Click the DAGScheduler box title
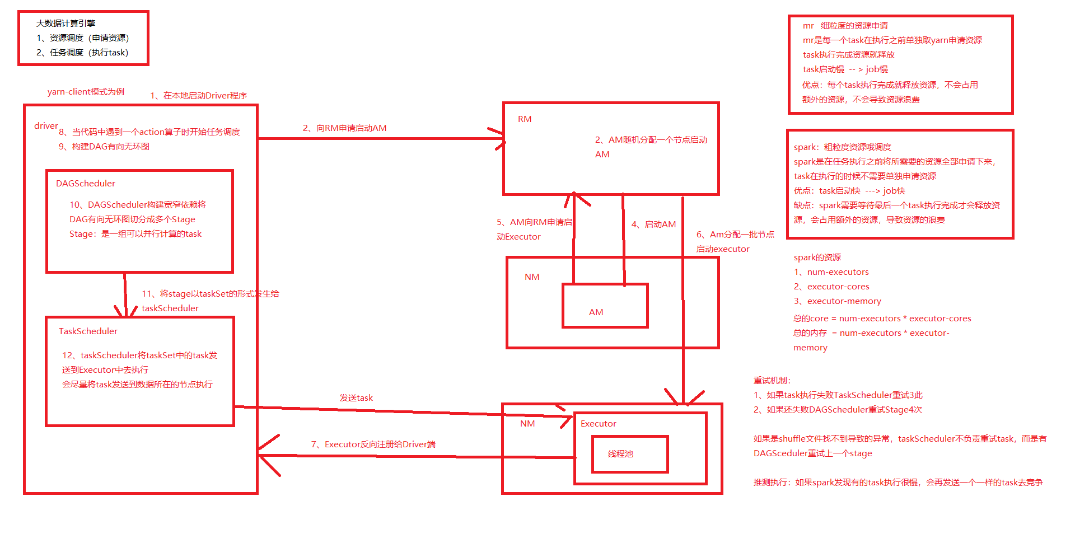(86, 184)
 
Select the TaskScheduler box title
(88, 331)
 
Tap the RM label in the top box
(525, 119)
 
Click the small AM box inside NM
(605, 306)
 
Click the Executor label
(598, 424)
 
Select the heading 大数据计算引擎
(66, 24)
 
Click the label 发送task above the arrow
(356, 398)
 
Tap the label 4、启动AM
(653, 224)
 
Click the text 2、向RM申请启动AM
(344, 128)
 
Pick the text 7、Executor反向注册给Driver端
(373, 444)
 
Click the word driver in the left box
(46, 126)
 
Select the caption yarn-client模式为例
(86, 92)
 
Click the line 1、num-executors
(831, 272)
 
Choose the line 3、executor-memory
(837, 301)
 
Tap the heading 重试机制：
(772, 381)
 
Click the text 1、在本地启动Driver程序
(198, 96)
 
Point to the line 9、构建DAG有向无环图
(104, 147)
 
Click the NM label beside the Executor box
(527, 424)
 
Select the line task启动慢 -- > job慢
(845, 69)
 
